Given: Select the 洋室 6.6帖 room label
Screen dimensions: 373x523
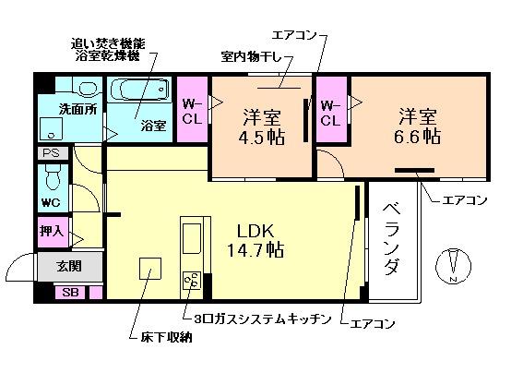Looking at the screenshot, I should (x=418, y=126).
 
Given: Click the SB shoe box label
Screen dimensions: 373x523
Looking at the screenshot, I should (x=69, y=293).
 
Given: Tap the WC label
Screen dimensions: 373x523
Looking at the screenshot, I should (x=51, y=202).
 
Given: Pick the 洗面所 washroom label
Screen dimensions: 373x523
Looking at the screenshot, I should (x=77, y=109).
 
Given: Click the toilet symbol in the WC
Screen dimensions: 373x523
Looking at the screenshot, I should (x=53, y=175).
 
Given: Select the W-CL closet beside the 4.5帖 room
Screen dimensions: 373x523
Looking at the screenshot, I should (x=193, y=111).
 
